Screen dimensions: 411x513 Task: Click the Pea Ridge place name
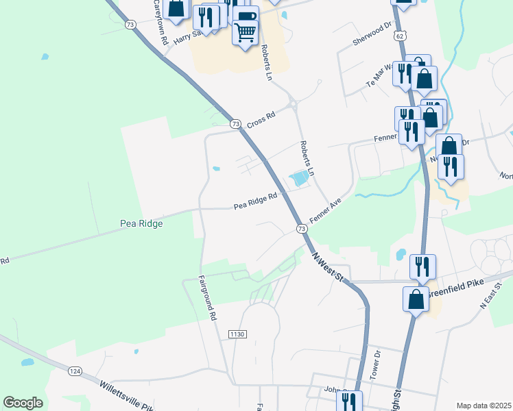[141, 224]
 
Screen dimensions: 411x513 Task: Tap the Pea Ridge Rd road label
[255, 201]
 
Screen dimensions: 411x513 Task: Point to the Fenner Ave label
[325, 212]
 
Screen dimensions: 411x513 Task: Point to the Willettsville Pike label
[128, 395]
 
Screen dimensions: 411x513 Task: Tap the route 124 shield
[75, 371]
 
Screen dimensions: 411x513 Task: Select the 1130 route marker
[237, 334]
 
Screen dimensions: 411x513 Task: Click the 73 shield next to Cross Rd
[236, 124]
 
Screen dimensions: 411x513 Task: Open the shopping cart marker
[245, 31]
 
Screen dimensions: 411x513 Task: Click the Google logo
[23, 403]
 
